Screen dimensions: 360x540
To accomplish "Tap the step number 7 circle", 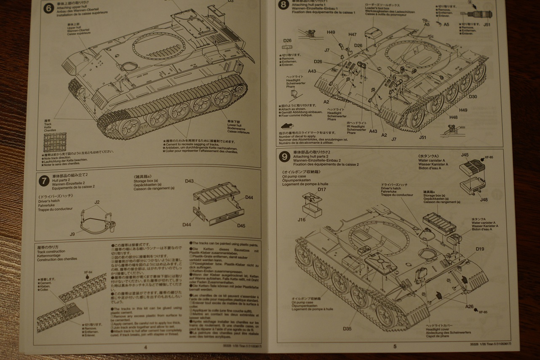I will [43, 181].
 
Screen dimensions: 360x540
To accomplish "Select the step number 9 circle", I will [285, 157].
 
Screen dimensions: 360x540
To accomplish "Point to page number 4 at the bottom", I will [145, 347].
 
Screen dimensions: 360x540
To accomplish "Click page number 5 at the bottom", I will [395, 347].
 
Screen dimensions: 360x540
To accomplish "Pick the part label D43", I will [190, 181].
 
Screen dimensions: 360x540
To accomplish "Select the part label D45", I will [241, 226].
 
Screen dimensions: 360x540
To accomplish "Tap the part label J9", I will [72, 234].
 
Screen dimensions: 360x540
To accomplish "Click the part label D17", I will [322, 189].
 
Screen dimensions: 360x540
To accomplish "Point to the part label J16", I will [301, 220].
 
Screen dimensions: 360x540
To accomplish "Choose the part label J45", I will [465, 155].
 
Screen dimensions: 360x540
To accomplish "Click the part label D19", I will [480, 249].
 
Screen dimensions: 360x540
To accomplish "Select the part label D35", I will [347, 328].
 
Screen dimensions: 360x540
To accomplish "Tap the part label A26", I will [469, 306].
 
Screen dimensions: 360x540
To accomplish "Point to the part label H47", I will [352, 34].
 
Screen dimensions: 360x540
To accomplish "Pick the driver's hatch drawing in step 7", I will [96, 219].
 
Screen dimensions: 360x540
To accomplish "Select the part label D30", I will [473, 96].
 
